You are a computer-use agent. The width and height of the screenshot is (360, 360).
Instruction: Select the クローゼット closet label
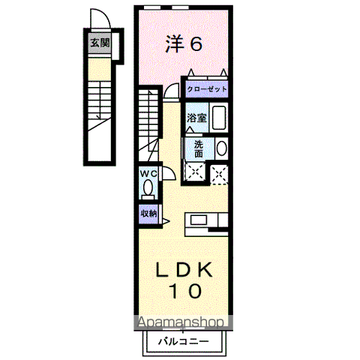point(206,89)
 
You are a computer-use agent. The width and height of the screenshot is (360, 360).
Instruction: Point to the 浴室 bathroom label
point(196,118)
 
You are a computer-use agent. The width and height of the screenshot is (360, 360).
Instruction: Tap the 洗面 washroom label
point(197,148)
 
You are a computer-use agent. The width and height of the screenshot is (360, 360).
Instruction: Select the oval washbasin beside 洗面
point(222,148)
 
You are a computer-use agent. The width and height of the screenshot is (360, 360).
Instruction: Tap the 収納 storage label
point(148,213)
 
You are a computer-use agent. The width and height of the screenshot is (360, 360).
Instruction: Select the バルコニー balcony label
point(183,341)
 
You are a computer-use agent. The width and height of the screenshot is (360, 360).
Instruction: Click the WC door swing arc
point(168,173)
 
